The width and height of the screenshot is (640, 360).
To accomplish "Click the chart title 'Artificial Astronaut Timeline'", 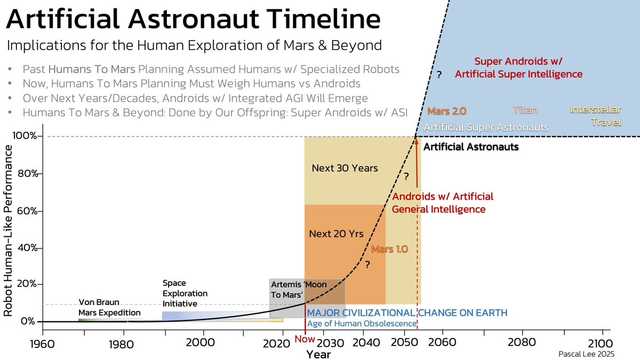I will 193,20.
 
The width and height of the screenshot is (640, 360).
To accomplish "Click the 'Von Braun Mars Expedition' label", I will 109,307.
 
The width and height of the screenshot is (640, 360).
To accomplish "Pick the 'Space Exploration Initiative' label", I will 185,293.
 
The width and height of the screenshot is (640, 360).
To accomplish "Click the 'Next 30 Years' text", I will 345,169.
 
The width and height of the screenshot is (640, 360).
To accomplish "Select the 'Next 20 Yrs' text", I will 336,234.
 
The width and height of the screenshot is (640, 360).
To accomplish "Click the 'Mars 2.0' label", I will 447,111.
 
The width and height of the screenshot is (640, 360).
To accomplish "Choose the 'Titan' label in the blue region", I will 525,110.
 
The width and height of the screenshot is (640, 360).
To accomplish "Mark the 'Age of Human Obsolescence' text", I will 361,323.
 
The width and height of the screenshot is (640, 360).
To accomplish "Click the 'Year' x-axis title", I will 318,354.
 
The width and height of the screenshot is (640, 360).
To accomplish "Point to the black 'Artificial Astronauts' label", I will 470,146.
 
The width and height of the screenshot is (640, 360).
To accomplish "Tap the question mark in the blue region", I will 439,75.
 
